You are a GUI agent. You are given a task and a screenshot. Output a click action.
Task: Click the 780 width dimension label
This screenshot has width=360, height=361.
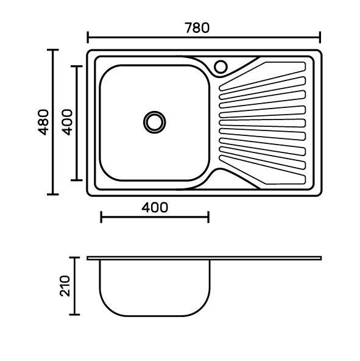[197, 28]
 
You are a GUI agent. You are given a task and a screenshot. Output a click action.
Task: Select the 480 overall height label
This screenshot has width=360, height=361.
[43, 122]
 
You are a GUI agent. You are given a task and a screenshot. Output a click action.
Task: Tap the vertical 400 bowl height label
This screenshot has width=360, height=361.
[67, 122]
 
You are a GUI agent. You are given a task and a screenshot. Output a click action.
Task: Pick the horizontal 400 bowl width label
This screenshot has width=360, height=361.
[155, 207]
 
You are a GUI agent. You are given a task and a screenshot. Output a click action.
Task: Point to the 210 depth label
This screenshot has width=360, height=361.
[65, 286]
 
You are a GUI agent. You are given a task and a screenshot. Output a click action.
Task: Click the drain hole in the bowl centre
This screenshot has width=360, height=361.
[155, 122]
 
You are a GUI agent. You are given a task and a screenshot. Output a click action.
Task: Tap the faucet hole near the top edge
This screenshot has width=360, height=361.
[221, 66]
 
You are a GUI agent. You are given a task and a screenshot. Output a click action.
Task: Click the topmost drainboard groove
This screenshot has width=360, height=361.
[263, 76]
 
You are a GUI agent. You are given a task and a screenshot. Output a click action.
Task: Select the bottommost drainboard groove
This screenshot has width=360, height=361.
[263, 170]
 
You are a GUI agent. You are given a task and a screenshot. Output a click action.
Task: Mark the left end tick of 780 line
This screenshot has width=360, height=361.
[88, 37]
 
